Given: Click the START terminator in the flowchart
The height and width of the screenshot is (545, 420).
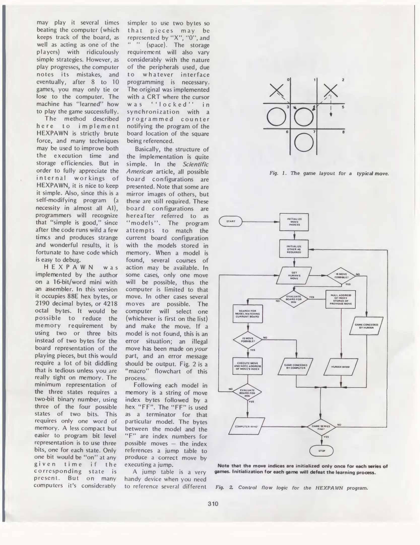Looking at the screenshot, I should point(231,221).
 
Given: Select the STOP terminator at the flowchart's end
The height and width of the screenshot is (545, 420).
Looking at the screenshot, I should point(321,451).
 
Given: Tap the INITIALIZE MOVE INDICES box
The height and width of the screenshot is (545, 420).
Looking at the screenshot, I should point(294,222).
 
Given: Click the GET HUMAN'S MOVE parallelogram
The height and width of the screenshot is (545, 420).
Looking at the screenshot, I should point(294,275).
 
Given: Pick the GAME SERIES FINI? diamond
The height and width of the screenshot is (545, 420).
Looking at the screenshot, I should point(321,427).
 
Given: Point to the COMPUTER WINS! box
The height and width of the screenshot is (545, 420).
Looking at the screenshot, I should point(247,426).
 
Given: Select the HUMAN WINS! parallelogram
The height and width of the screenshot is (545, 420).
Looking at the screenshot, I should point(341,367).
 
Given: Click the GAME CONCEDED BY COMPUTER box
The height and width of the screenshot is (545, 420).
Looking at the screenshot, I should point(296,366).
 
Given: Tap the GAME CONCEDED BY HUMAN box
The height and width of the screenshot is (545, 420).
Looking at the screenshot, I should point(366,326).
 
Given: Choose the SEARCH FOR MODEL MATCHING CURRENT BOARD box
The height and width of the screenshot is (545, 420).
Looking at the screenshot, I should point(248,314).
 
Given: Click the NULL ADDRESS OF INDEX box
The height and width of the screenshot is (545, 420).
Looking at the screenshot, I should point(341,299).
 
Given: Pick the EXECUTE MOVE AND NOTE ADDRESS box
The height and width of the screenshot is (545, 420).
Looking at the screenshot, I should point(247,366).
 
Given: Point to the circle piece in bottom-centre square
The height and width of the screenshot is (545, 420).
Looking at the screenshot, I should point(304,143).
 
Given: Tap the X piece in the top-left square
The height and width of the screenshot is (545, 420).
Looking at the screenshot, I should point(276,90).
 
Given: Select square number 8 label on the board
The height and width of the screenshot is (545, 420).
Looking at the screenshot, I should point(343,132).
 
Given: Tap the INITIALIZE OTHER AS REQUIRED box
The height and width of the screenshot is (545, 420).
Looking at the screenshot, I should point(294,249).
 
